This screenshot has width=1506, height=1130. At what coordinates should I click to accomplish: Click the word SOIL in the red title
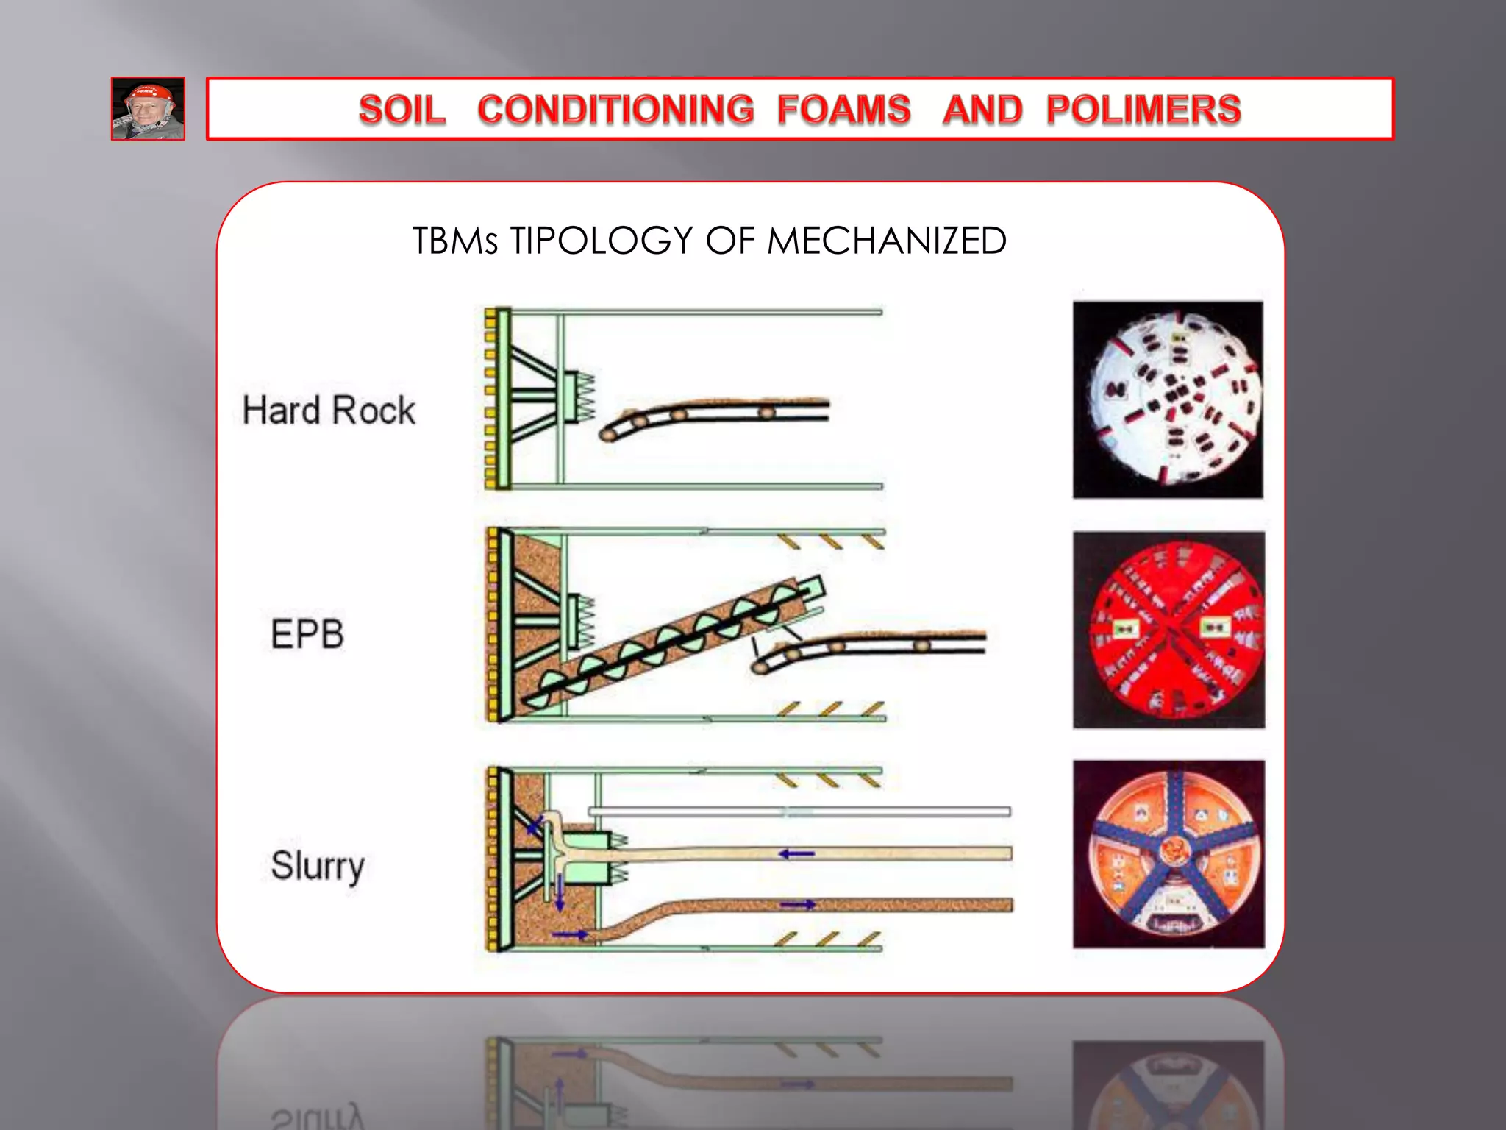click(x=402, y=110)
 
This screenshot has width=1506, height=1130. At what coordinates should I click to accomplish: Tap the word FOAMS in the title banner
click(x=843, y=110)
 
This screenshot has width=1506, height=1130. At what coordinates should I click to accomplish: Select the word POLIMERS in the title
click(x=1143, y=110)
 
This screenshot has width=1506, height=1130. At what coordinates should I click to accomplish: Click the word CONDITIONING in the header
click(x=615, y=110)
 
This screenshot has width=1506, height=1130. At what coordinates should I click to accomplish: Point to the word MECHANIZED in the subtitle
click(x=886, y=241)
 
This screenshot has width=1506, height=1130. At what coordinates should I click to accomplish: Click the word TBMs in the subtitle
click(x=455, y=241)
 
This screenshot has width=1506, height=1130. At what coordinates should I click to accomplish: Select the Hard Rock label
click(x=329, y=410)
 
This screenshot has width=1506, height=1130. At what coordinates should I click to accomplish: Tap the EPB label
click(x=307, y=634)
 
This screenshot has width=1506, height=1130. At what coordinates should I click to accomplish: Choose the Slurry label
click(x=318, y=866)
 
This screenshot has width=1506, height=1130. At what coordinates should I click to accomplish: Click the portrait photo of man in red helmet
click(x=148, y=109)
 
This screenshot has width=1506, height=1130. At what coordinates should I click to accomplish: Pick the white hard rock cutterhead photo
click(x=1168, y=399)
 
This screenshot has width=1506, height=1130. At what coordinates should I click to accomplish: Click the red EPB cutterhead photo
click(x=1168, y=630)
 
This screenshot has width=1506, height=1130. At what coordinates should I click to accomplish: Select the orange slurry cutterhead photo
click(x=1168, y=854)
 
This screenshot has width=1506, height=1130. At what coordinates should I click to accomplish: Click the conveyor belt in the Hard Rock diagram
click(x=717, y=413)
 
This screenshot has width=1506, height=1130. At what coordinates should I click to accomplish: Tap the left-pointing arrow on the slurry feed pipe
click(x=796, y=854)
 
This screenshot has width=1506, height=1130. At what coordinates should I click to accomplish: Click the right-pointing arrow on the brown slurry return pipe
click(x=797, y=904)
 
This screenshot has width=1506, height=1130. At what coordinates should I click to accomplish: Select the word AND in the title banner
click(x=982, y=110)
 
